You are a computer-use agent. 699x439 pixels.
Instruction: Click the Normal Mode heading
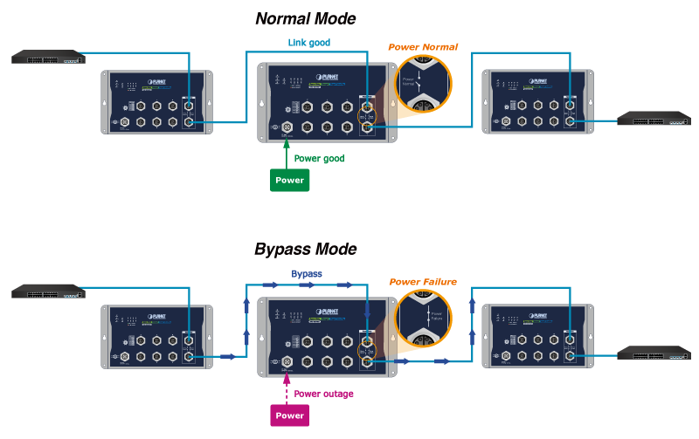305,18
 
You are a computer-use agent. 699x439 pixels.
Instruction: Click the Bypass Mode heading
305,249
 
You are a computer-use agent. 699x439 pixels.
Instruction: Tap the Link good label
308,42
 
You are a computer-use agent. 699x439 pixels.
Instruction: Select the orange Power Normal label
423,46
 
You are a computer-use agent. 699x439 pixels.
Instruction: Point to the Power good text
319,159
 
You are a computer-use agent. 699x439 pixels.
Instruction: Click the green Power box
290,181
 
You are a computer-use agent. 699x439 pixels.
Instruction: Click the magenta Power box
290,415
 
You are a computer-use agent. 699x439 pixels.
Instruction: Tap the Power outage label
324,394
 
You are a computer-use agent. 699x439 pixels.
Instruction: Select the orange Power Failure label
423,282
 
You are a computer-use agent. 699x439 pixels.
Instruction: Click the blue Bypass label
307,274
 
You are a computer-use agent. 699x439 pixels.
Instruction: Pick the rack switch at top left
49,58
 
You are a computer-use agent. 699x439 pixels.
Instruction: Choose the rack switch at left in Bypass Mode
49,292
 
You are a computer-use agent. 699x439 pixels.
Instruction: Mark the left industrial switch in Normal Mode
156,101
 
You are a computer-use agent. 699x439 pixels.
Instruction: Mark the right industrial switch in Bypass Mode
537,336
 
